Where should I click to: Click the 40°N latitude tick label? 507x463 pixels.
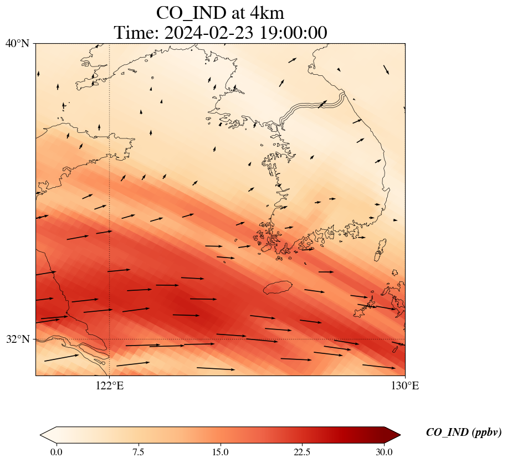[x=17, y=43]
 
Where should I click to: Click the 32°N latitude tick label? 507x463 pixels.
[x=17, y=339]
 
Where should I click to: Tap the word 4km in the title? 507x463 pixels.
[x=266, y=13]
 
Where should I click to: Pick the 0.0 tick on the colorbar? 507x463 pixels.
[x=56, y=452]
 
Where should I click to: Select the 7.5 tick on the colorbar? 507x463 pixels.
[x=138, y=452]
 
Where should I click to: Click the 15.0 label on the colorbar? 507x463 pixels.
[x=220, y=452]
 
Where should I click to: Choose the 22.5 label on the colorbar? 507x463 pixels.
[x=302, y=452]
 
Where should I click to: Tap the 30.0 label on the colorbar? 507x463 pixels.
[x=384, y=452]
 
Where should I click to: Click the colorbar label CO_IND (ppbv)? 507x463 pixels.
[x=464, y=433]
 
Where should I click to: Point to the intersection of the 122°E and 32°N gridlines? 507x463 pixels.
[x=110, y=339]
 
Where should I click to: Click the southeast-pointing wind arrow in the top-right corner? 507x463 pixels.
[x=386, y=69]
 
